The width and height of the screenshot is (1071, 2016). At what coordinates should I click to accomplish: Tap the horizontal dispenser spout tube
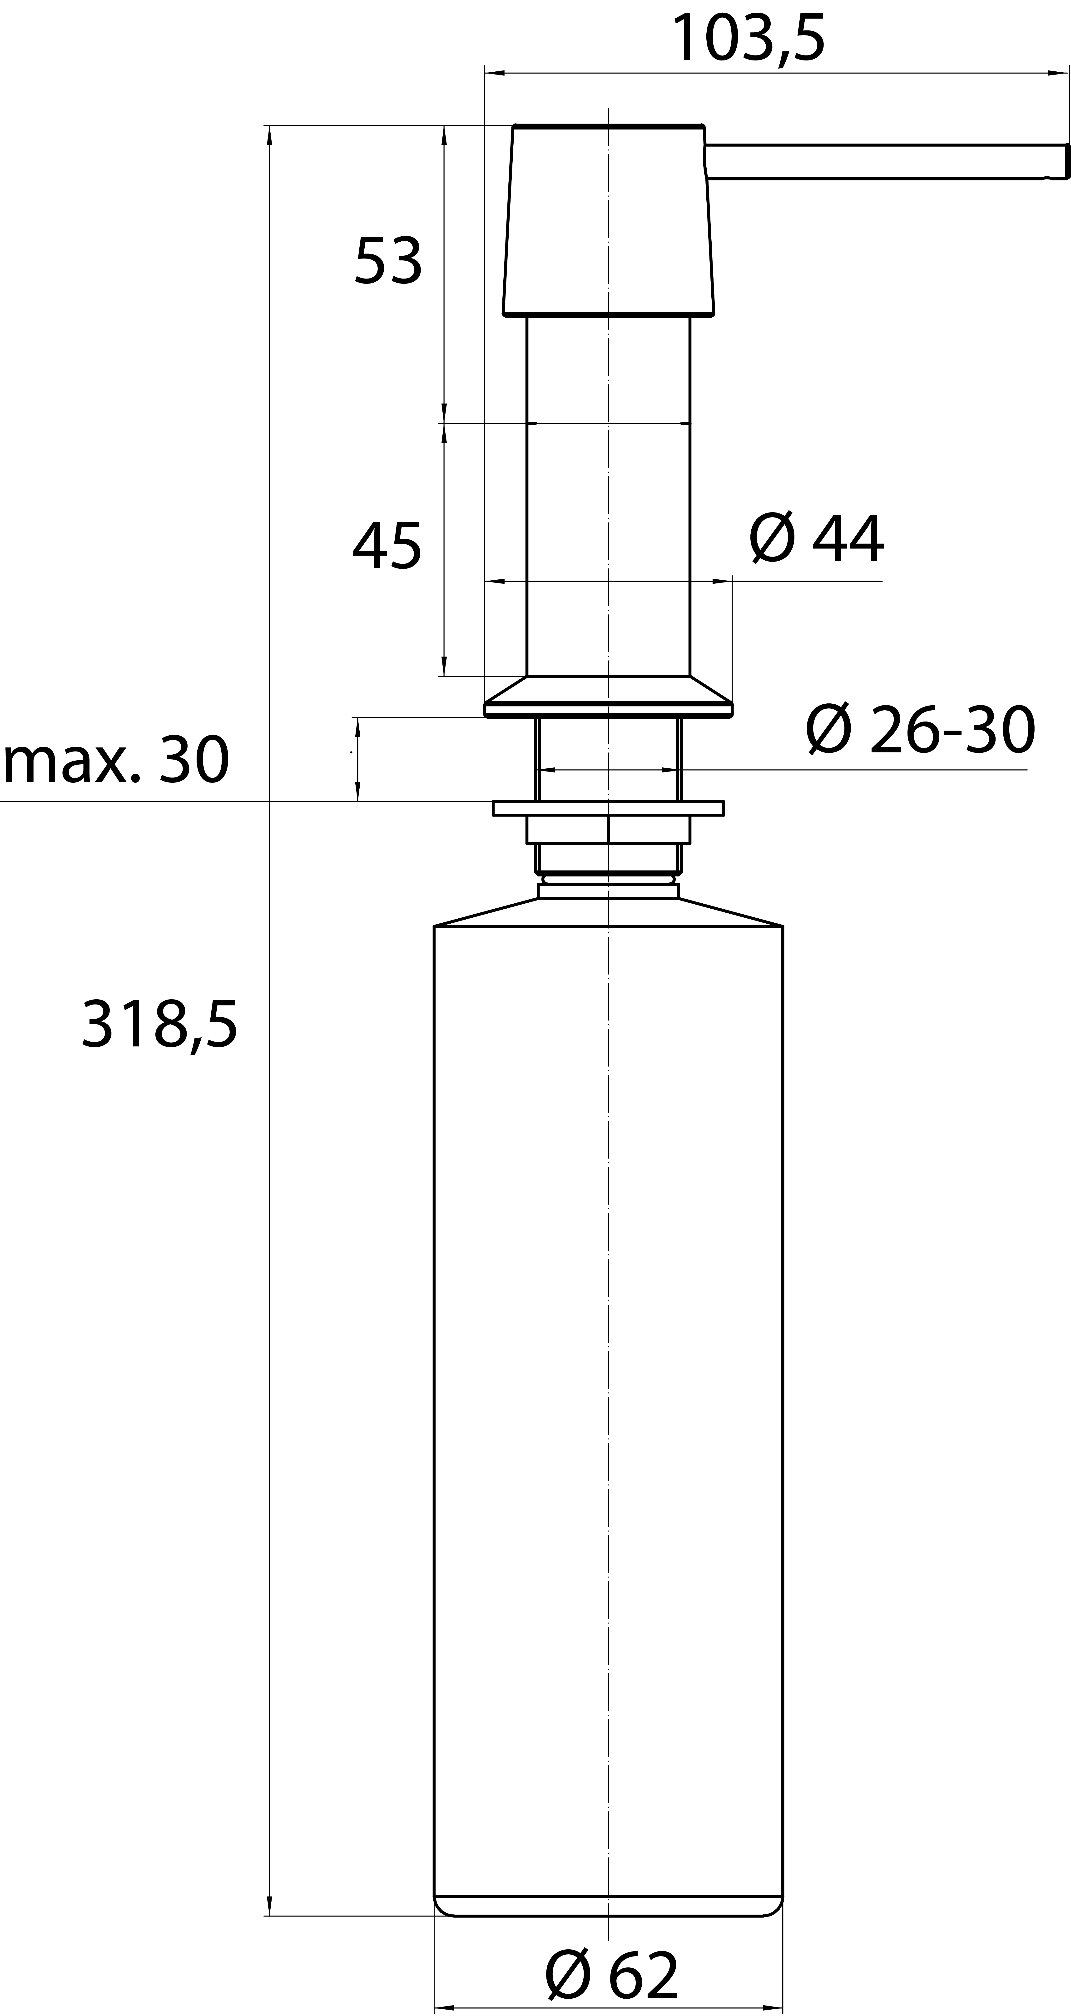click(x=886, y=162)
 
